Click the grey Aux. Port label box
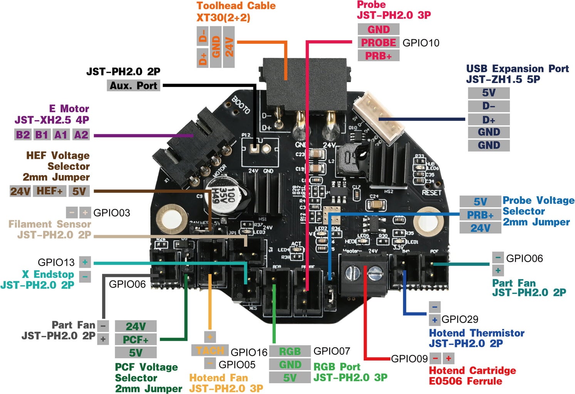(133, 85)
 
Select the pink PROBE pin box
(378, 42)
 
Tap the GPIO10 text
(421, 43)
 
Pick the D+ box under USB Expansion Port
(488, 119)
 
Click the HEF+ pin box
(49, 191)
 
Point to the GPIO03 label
(112, 213)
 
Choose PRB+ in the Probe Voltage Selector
(480, 215)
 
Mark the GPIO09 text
(409, 359)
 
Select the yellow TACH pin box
(210, 350)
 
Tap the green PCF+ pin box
(136, 339)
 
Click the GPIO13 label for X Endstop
(56, 262)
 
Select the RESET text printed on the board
(431, 192)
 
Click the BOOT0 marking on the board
(241, 105)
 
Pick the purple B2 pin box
(23, 135)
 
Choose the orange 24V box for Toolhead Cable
(229, 47)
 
